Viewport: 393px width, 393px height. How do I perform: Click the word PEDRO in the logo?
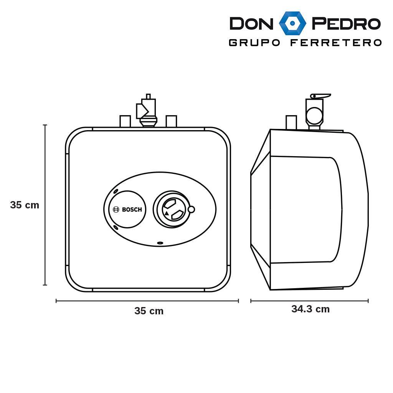coord(346,23)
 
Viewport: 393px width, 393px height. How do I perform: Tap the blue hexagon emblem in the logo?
coord(292,23)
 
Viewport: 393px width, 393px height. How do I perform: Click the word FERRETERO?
coord(336,43)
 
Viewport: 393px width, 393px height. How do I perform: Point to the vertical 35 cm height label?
coord(25,205)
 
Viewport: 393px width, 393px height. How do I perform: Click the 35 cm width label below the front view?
coord(149,311)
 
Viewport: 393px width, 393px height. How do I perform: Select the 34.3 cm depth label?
coord(310,309)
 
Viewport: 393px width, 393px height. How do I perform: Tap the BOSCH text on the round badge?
coord(132,210)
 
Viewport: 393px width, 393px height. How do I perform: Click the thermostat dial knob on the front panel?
coord(172,210)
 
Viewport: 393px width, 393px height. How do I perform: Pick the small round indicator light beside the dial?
coord(192,209)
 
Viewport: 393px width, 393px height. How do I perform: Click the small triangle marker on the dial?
coord(167,213)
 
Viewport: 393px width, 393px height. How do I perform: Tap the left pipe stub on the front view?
coord(125,121)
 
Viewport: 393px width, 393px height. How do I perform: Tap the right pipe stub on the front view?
coord(171,121)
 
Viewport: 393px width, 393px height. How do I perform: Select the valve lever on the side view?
coord(321,96)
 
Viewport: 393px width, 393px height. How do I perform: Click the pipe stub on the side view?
coord(291,122)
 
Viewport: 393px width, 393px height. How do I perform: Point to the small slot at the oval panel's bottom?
coord(160,243)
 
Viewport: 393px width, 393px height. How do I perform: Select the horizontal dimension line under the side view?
coord(309,301)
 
